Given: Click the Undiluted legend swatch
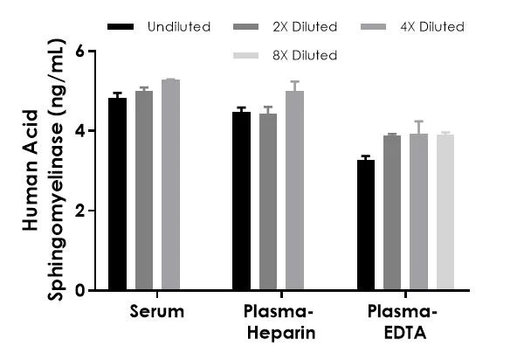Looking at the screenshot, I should (x=120, y=27).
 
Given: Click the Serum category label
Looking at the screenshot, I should (x=156, y=313).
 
